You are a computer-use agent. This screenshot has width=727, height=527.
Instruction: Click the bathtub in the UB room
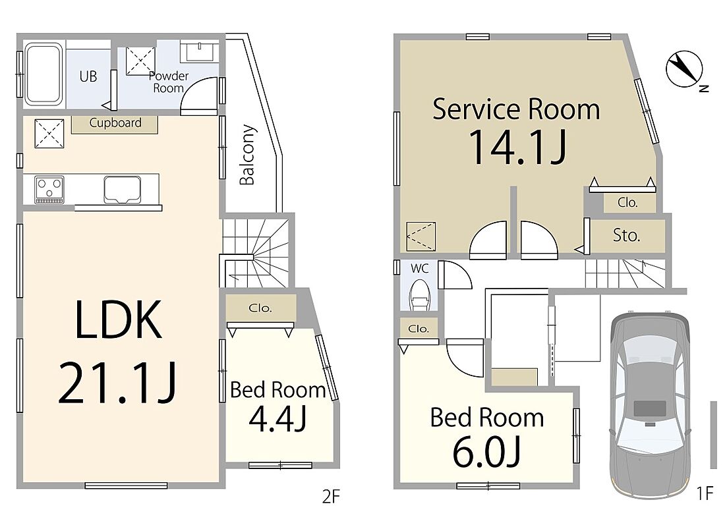click(44, 74)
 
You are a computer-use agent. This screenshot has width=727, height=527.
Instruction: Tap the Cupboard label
click(115, 123)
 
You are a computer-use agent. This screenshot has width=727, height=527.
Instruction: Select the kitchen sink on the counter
click(123, 189)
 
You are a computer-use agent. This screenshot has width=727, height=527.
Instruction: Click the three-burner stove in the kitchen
click(49, 189)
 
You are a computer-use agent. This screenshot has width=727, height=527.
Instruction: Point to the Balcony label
click(247, 155)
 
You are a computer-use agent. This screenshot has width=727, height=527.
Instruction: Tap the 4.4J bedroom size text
click(277, 418)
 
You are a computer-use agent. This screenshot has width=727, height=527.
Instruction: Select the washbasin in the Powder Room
click(199, 51)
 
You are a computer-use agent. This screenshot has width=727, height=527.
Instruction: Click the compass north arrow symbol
click(684, 69)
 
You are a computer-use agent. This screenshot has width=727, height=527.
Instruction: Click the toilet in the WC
click(420, 294)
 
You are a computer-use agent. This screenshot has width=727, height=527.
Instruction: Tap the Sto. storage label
click(626, 235)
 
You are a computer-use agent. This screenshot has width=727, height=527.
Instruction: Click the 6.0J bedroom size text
click(487, 452)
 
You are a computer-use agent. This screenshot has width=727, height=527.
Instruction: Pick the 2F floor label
click(331, 497)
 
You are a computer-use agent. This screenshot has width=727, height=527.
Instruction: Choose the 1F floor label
click(705, 493)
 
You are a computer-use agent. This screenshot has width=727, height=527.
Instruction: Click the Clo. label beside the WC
click(419, 329)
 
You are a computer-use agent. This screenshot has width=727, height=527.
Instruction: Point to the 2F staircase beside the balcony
click(256, 253)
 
